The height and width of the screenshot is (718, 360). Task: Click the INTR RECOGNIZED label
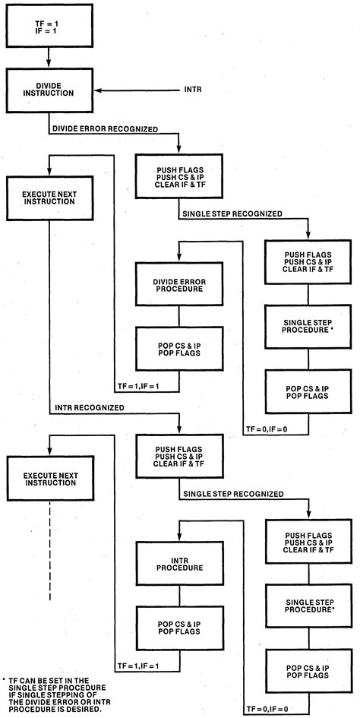pyautogui.click(x=90, y=408)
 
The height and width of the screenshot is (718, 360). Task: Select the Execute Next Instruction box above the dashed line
pyautogui.click(x=49, y=479)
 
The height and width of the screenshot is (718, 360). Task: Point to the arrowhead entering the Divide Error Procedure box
pyautogui.click(x=178, y=258)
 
